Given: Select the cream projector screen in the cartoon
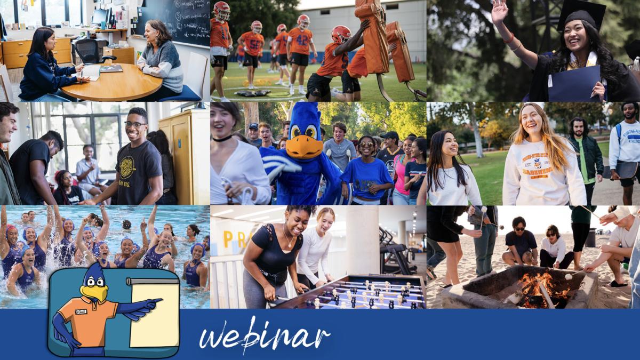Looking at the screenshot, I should pos(154,314).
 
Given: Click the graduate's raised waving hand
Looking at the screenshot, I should pos(499,12).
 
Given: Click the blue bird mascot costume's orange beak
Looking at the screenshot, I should pos(305,146).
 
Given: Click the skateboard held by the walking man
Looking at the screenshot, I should pos(625,170).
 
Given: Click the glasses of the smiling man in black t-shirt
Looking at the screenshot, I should pos(135,125).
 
